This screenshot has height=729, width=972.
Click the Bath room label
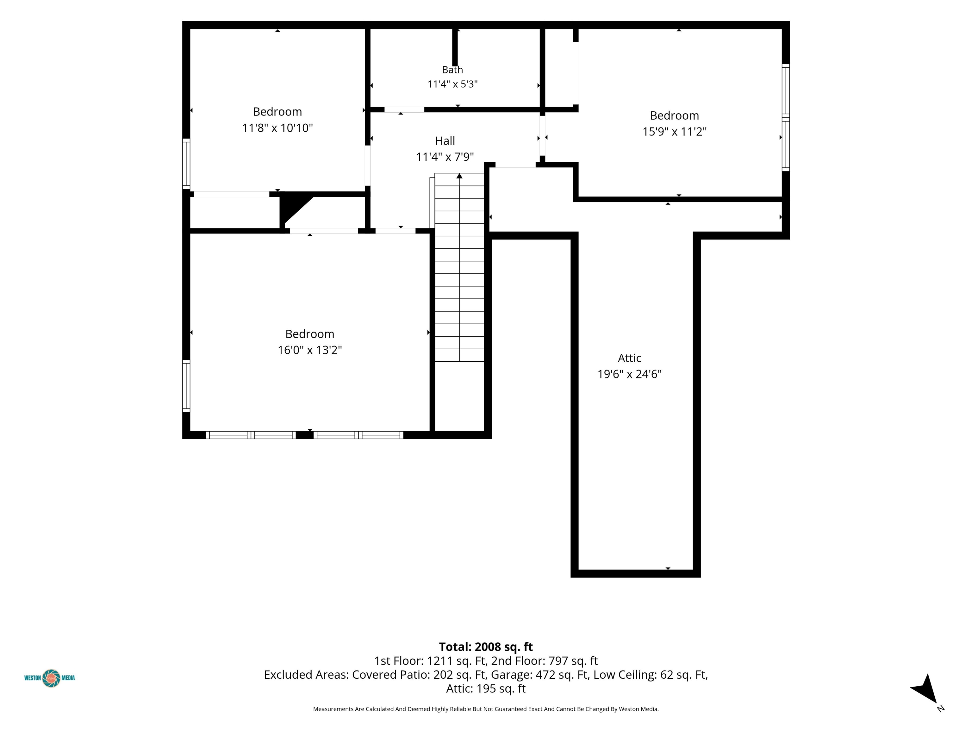[x=452, y=69]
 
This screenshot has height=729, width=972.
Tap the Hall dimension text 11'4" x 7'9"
[x=445, y=156]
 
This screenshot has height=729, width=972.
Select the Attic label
[x=629, y=358]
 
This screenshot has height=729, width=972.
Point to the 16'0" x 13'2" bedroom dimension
[x=310, y=350]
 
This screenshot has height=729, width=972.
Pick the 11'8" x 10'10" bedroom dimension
[x=277, y=128]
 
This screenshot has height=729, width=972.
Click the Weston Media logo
[x=50, y=678]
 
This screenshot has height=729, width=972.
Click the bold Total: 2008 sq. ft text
[x=486, y=647]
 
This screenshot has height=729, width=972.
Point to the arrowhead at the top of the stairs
[x=459, y=176]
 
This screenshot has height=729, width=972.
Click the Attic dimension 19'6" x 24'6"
[x=629, y=374]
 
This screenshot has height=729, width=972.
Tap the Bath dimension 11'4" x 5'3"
[x=452, y=84]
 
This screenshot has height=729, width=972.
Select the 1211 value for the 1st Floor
[x=439, y=661]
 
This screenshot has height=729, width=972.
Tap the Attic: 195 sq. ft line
[x=486, y=688]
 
